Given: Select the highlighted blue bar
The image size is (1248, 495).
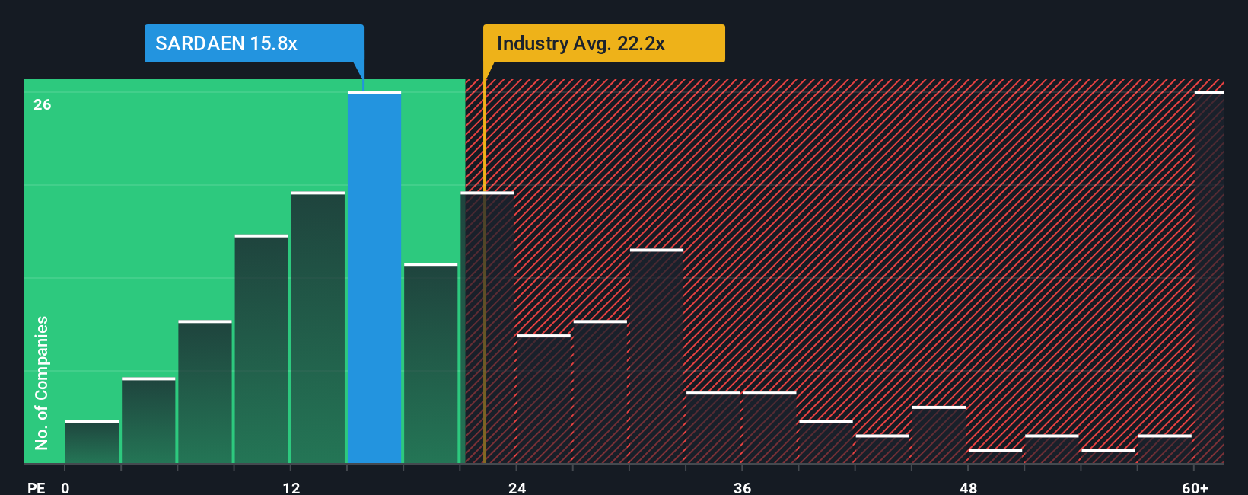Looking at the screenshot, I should click(x=374, y=278).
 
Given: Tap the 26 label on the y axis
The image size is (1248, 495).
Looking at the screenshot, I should click(x=43, y=104).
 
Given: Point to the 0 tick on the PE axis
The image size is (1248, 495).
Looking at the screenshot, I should click(x=65, y=487).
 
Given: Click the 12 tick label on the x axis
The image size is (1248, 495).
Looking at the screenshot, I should click(x=291, y=487).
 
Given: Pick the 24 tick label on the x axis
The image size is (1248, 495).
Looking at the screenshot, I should click(x=517, y=487).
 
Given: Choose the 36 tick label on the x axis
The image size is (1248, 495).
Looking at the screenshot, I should click(x=743, y=487).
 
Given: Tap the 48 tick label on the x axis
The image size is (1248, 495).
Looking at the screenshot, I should click(x=968, y=487).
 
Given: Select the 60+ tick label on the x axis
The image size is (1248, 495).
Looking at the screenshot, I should click(x=1195, y=487).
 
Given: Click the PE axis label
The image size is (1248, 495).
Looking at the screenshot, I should click(x=37, y=487).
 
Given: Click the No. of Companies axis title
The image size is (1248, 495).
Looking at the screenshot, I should click(x=42, y=382).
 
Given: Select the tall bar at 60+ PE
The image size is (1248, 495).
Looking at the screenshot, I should click(x=1208, y=278).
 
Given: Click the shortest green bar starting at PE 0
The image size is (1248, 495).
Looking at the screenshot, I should click(x=92, y=442).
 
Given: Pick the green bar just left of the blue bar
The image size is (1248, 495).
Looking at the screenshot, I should click(x=318, y=327).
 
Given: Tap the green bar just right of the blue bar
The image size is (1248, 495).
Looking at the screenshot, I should click(x=431, y=363).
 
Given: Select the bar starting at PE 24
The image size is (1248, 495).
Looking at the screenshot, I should click(x=543, y=399).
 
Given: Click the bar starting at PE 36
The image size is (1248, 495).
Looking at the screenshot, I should click(x=769, y=428).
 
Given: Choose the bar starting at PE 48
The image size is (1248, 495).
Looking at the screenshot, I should click(x=995, y=456).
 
